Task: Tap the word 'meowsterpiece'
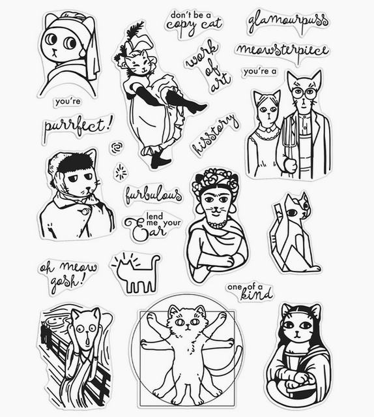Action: [282, 51]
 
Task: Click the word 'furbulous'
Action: [153, 195]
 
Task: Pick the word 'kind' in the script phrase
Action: [257, 294]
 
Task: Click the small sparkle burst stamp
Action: [121, 171]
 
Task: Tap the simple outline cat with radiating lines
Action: [136, 273]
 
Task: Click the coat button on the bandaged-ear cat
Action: [85, 212]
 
